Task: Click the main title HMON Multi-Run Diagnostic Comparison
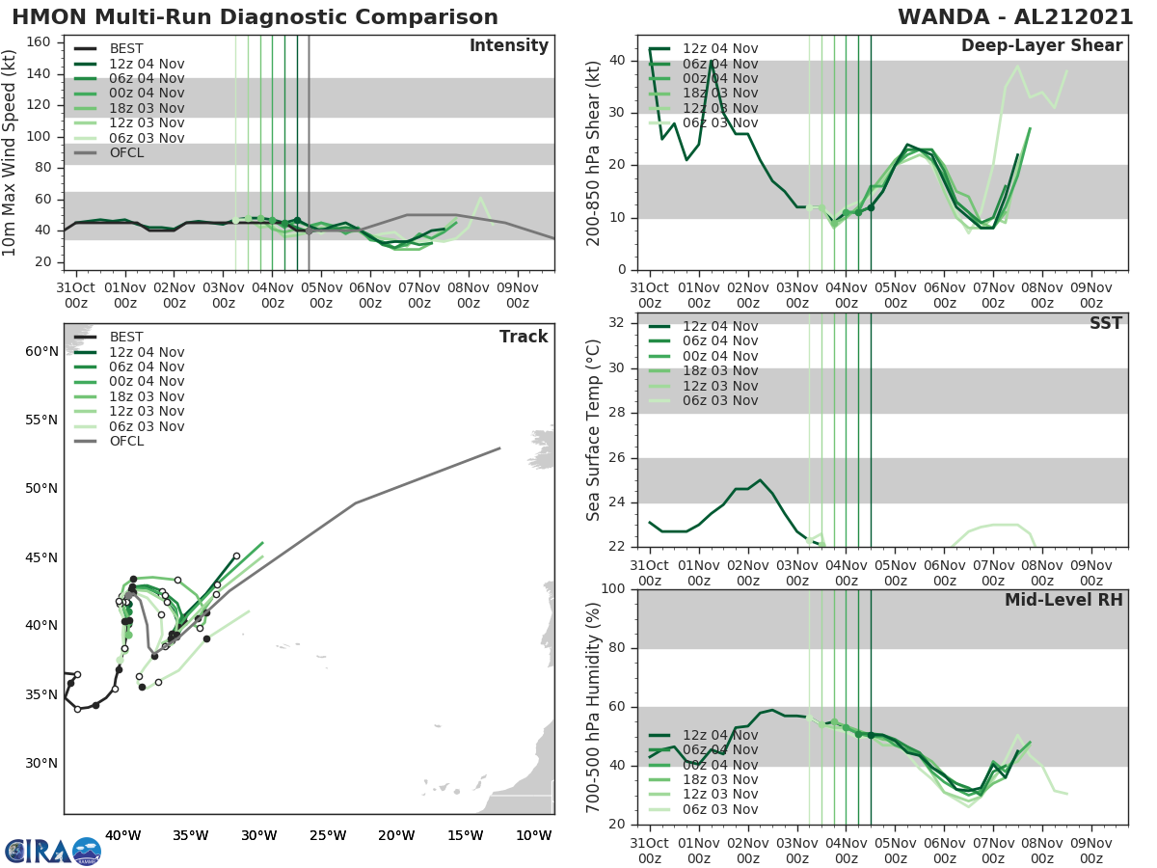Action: (x=255, y=17)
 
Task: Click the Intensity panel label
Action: (x=508, y=46)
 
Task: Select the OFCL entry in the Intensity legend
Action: (x=126, y=152)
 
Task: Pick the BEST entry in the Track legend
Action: (x=126, y=337)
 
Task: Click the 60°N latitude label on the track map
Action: (x=40, y=351)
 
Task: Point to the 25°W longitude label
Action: (x=328, y=835)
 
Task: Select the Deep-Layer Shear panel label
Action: (x=1041, y=46)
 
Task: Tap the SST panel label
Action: (x=1106, y=323)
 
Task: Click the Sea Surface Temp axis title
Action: (x=595, y=430)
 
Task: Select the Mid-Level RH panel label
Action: (x=1063, y=600)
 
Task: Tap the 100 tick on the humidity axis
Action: (x=616, y=588)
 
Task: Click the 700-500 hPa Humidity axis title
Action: (x=595, y=707)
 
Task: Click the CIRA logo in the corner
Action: (x=52, y=851)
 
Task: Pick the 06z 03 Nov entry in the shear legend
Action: (x=719, y=122)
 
